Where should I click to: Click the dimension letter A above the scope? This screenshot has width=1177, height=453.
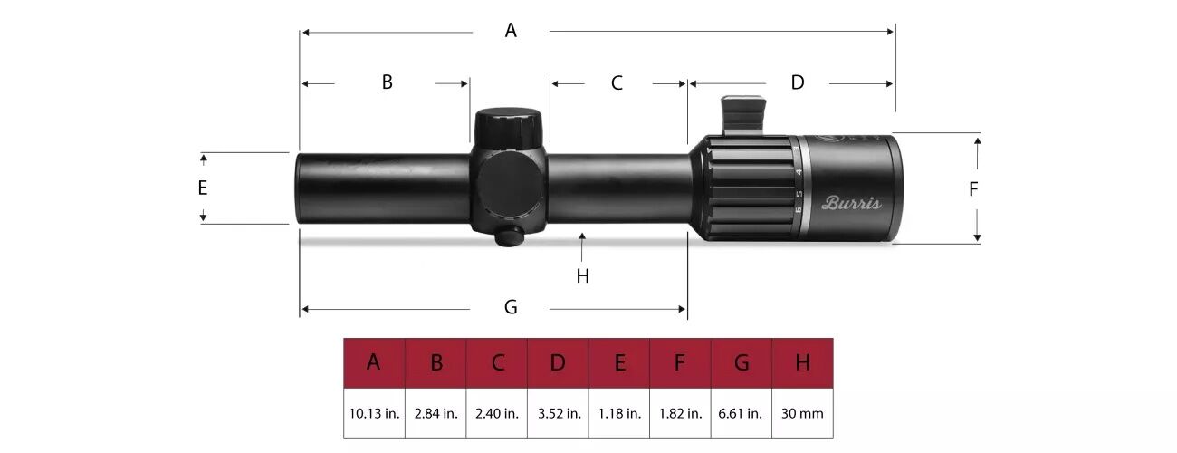(x=511, y=31)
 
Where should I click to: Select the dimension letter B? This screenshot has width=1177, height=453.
(x=387, y=82)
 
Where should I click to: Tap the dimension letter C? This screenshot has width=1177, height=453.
(x=617, y=83)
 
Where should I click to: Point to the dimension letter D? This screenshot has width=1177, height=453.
(x=798, y=82)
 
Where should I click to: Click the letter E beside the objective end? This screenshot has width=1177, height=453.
(x=203, y=188)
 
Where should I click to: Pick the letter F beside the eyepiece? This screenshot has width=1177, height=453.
(x=974, y=189)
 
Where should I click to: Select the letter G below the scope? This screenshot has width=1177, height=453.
(x=511, y=308)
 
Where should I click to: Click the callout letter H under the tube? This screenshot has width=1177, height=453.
(x=583, y=276)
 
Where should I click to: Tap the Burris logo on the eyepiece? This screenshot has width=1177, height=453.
(x=850, y=203)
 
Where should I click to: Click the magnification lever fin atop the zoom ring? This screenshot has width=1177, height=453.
(x=742, y=115)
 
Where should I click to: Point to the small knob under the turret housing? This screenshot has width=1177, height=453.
(x=510, y=236)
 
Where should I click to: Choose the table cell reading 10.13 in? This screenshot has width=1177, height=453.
(x=374, y=413)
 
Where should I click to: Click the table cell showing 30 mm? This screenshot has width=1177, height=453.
(x=802, y=413)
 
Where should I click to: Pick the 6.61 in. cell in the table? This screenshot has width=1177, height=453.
(x=741, y=413)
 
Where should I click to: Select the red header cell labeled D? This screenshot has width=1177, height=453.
(x=558, y=363)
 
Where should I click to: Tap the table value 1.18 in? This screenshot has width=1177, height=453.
(x=619, y=413)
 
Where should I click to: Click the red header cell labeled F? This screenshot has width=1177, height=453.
(x=680, y=363)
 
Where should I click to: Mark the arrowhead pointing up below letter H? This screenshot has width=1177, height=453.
(x=583, y=237)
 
